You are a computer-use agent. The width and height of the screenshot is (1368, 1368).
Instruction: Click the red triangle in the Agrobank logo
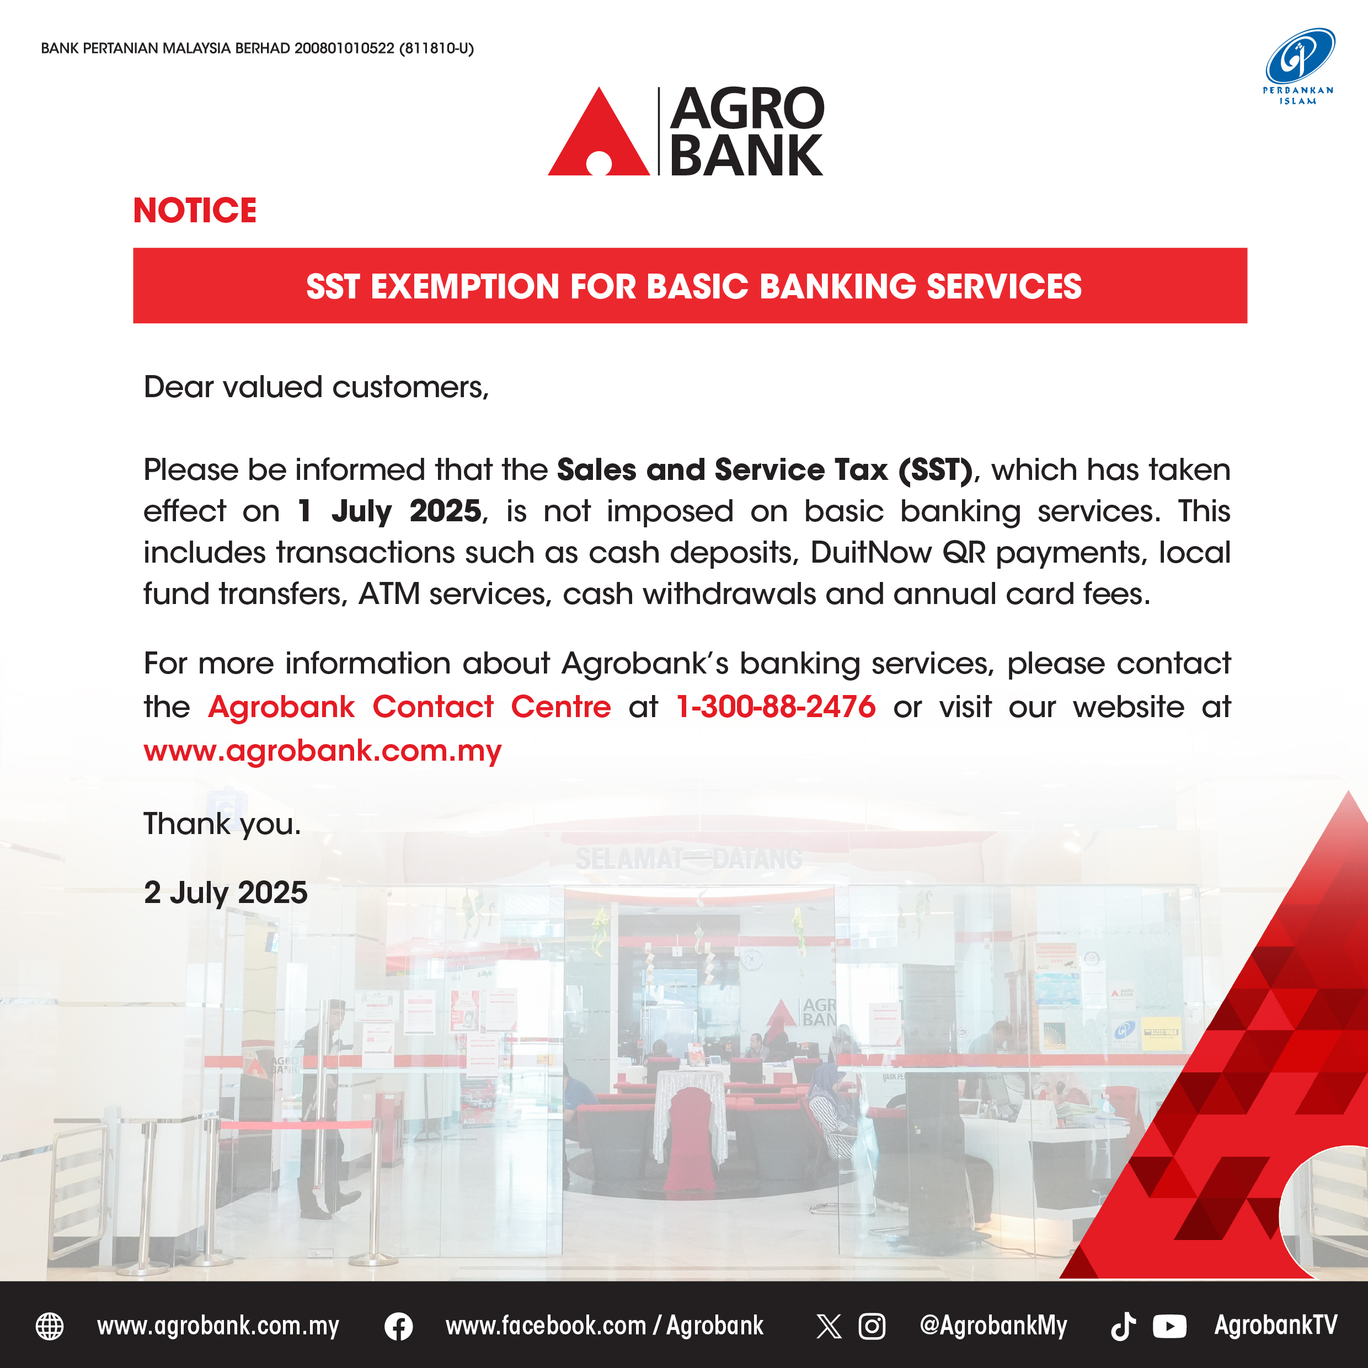point(599,132)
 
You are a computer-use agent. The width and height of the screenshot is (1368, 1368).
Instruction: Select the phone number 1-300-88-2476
point(776,707)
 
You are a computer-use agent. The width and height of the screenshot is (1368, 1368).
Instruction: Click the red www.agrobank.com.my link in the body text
point(322,751)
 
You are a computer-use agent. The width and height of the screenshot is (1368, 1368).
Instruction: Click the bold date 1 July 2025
point(389,511)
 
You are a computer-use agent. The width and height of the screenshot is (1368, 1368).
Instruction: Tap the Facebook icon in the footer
point(399,1326)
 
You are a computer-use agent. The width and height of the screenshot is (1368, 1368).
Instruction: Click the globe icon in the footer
point(50,1326)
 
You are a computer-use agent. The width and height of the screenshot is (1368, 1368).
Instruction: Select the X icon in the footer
point(829,1326)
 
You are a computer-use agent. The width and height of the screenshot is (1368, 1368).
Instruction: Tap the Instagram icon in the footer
point(872,1326)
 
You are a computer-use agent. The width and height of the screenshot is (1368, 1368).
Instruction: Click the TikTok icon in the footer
point(1123,1326)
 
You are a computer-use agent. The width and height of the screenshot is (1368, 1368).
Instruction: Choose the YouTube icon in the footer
point(1170,1326)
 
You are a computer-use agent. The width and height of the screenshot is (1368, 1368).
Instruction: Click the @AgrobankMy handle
point(993,1326)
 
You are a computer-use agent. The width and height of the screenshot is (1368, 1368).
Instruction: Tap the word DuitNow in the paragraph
point(871,553)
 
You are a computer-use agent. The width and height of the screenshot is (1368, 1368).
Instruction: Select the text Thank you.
point(222,824)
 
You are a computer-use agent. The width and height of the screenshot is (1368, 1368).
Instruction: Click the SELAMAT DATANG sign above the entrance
point(688,859)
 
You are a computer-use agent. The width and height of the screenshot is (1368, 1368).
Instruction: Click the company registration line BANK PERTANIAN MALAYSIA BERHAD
point(257,48)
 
